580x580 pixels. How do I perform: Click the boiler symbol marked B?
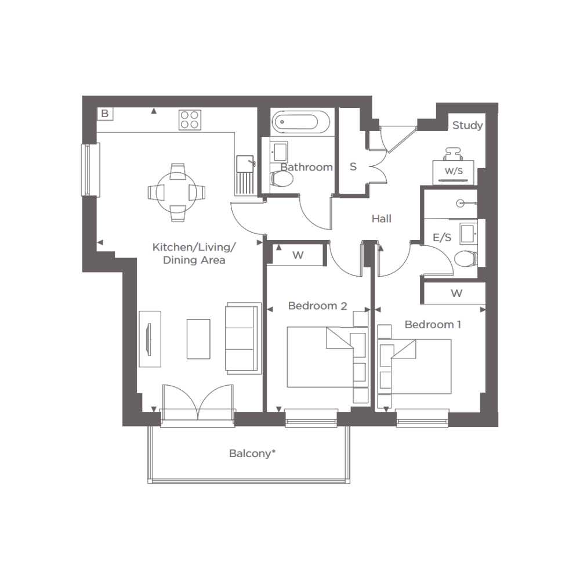click(105, 114)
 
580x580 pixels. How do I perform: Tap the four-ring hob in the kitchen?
click(190, 120)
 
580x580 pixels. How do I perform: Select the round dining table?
click(177, 193)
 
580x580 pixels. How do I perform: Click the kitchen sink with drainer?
click(245, 175)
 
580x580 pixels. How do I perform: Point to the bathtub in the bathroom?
click(300, 122)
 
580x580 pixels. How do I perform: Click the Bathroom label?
click(307, 167)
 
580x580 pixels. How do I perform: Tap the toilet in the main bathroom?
click(281, 179)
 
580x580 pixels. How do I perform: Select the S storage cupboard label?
click(353, 167)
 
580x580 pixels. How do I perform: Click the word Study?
click(467, 125)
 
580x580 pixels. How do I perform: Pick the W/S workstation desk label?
click(454, 171)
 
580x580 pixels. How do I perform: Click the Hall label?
click(382, 219)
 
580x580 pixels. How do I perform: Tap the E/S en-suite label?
click(442, 237)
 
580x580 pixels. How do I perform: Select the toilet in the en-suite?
click(466, 259)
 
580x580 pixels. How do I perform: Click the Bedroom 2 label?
click(317, 306)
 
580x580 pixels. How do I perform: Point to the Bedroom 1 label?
click(433, 325)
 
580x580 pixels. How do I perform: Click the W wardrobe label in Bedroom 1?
click(456, 293)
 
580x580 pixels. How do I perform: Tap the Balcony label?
click(253, 454)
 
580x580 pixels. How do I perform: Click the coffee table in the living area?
click(198, 339)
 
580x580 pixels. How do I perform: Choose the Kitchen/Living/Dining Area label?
click(194, 253)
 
